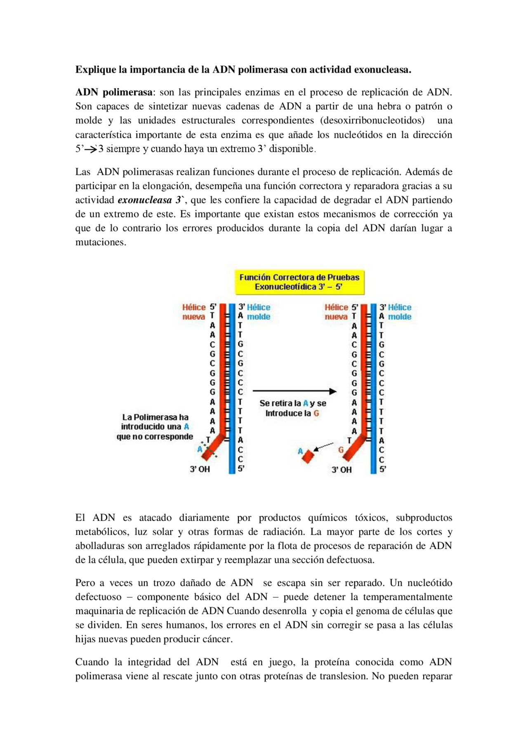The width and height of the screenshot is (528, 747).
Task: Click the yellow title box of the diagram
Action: pos(299,282)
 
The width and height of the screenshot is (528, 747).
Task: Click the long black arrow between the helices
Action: pos(294,391)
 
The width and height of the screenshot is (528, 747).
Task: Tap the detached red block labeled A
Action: pos(308,456)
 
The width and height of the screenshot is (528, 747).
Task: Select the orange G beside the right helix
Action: pos(341,450)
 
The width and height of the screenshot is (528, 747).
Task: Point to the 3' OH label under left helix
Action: pos(200,469)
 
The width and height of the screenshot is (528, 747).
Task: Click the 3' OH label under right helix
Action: pos(342,469)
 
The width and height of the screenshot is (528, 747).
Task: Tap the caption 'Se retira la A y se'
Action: pos(292,403)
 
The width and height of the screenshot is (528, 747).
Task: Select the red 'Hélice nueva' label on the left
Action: pos(194,312)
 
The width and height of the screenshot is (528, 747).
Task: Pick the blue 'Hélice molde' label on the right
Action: pos(399,312)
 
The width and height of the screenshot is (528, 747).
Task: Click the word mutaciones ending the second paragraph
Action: pos(100,243)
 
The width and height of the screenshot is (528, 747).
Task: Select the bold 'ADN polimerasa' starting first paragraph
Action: pos(114,92)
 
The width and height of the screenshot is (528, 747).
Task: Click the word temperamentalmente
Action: pos(407,597)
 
